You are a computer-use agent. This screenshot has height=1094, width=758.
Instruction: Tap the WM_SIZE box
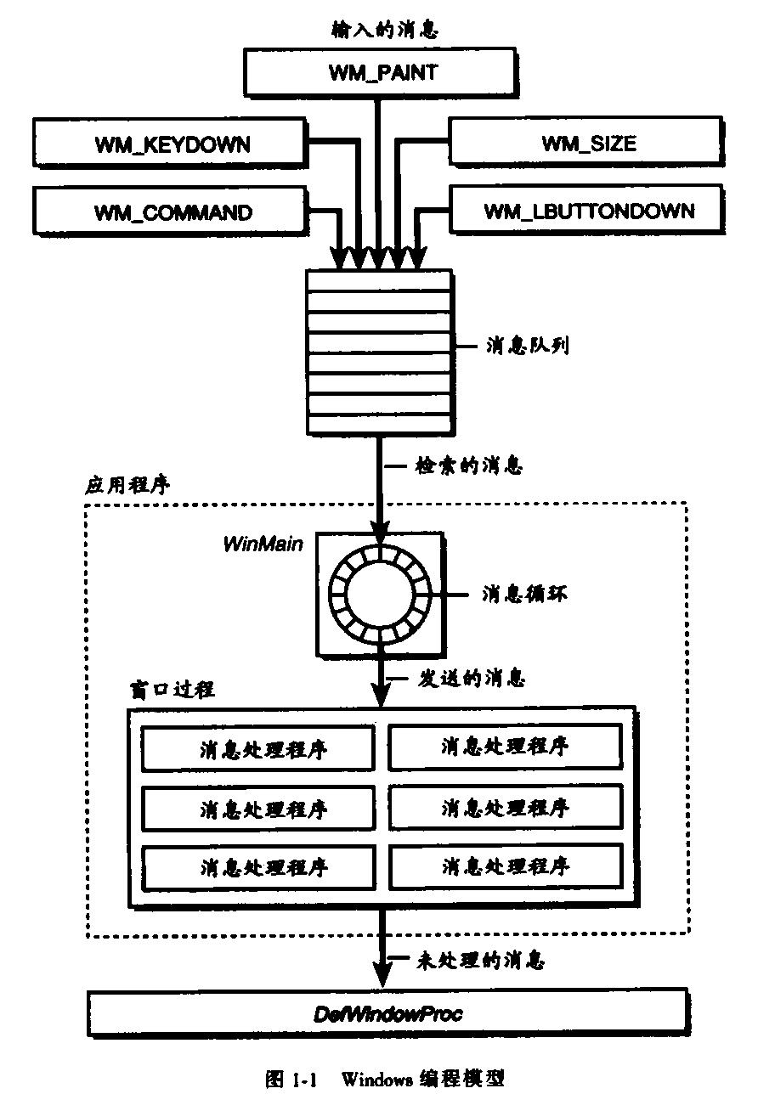point(588,142)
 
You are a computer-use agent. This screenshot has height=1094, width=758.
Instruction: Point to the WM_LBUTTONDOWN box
point(588,211)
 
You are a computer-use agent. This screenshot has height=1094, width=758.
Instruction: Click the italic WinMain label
point(263,544)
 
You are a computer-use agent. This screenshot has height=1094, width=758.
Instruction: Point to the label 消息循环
point(512,593)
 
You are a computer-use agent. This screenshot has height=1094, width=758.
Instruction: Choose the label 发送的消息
point(471,679)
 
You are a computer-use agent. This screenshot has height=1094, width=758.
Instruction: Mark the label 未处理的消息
point(479,961)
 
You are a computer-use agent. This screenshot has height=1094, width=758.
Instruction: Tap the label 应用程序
point(128,485)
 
